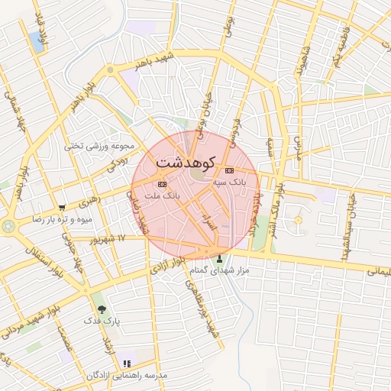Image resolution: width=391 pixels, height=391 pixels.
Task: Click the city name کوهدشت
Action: click(186, 162)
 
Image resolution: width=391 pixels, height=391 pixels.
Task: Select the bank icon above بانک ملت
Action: click(161, 184)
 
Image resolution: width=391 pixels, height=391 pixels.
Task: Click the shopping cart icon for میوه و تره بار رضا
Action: click(61, 206)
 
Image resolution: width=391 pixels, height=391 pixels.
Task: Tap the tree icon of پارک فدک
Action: click(102, 310)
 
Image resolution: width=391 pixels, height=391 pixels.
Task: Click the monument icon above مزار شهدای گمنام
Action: click(221, 258)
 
